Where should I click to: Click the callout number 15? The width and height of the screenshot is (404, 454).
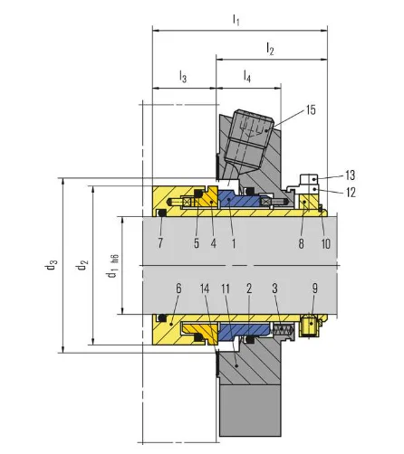pyautogui.click(x=311, y=110)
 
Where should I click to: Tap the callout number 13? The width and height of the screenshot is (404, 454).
pyautogui.click(x=351, y=175)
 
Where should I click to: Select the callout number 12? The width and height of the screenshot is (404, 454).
pyautogui.click(x=351, y=193)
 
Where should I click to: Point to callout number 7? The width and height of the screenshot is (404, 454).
pyautogui.click(x=160, y=243)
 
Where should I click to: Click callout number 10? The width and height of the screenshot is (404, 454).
pyautogui.click(x=326, y=243)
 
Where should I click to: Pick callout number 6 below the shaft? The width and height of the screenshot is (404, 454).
pyautogui.click(x=178, y=288)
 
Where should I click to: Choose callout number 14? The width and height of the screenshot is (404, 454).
pyautogui.click(x=205, y=288)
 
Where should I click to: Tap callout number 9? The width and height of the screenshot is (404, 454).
pyautogui.click(x=315, y=288)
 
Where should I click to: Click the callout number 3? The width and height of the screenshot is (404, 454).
pyautogui.click(x=274, y=288)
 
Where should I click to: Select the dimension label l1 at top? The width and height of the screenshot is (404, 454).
pyautogui.click(x=236, y=20)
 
